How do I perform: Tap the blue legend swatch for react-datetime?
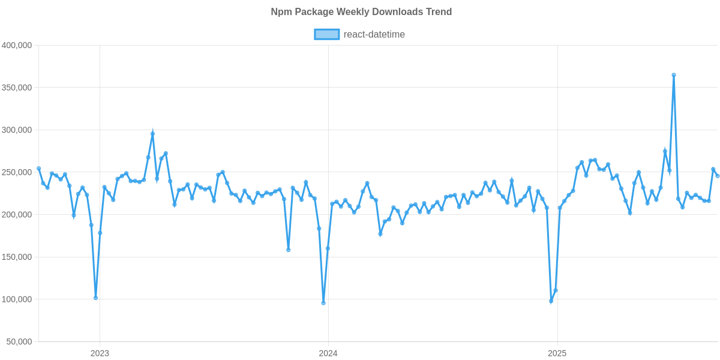326,35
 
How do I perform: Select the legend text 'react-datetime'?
374,35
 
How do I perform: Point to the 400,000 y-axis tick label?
17,46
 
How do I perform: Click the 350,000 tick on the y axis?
17,88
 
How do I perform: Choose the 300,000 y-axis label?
17,130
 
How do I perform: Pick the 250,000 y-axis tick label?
17,173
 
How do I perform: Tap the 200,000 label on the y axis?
17,215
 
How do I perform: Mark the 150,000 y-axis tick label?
17,257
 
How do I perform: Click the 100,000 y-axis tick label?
17,299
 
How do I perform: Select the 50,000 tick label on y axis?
19,342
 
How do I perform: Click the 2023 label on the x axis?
100,353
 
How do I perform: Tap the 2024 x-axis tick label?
328,353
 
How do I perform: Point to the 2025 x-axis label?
557,353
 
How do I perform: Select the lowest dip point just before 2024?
323,303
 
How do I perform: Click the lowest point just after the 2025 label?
551,302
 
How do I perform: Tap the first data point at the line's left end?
38,169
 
